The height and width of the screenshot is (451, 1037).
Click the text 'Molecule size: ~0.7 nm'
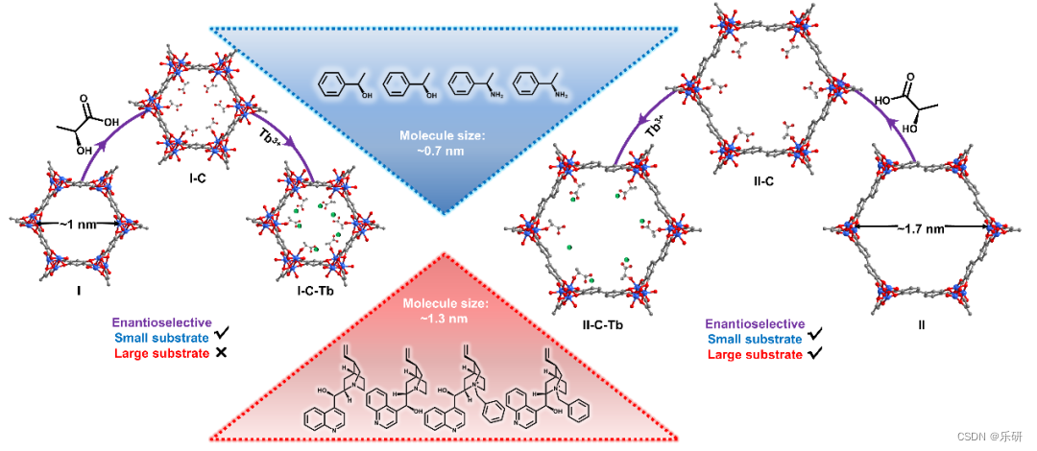[x=443, y=143]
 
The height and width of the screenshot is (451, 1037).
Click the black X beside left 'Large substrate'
[x=222, y=354]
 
